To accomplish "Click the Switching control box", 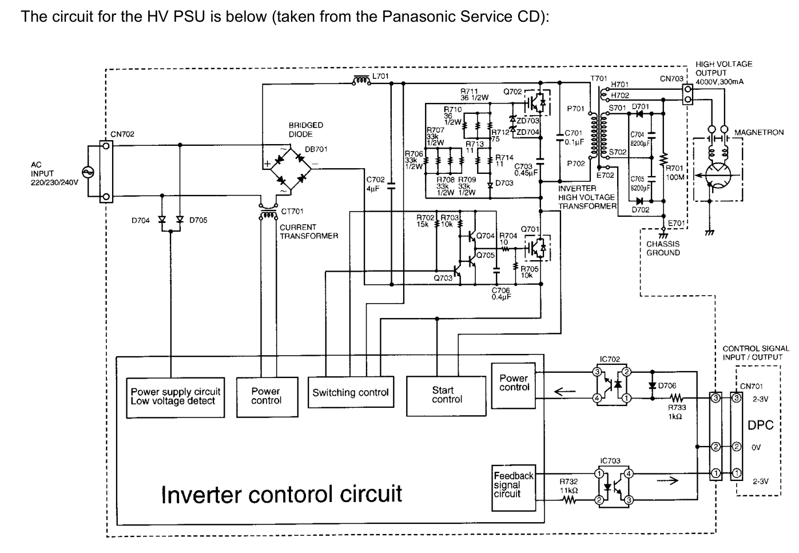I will point(350,392).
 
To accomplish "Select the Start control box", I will point(447,395).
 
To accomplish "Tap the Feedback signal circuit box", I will point(514,484).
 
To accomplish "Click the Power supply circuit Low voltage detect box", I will point(175,396).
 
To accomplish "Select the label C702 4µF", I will point(375,184).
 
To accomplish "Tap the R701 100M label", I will point(675,173).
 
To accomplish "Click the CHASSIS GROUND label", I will point(663,248).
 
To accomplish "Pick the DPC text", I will point(760,425).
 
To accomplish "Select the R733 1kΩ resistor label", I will point(677,412).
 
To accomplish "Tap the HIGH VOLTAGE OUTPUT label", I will point(724,69).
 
